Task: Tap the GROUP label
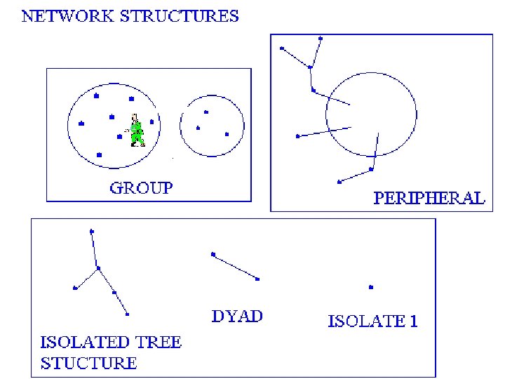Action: point(141,187)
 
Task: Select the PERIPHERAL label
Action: point(429,198)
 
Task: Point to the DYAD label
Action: point(238,316)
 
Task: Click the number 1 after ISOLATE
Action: point(414,322)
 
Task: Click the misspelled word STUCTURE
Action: point(88,363)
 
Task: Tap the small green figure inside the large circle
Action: point(136,131)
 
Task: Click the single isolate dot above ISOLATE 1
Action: point(371,287)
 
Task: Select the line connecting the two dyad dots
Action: point(236,267)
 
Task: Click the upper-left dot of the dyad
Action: point(213,254)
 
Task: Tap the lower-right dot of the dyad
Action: point(258,279)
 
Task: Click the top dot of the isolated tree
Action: point(92,231)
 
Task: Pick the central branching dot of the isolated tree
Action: point(98,267)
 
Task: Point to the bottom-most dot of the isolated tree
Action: point(128,314)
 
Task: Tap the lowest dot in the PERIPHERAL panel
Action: point(339,182)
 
